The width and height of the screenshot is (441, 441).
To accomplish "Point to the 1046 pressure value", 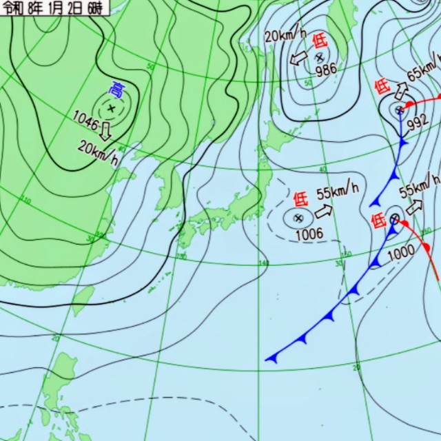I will [x=85, y=118].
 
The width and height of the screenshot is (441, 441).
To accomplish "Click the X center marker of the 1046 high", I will [x=111, y=108].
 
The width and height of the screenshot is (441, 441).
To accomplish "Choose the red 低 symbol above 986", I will [x=319, y=40].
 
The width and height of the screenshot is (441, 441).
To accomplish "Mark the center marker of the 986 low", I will [x=319, y=57].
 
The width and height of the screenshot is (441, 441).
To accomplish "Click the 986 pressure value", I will [x=326, y=70].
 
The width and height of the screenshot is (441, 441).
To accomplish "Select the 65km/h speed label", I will [x=421, y=72].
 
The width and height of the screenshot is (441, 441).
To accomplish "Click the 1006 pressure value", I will [x=309, y=234].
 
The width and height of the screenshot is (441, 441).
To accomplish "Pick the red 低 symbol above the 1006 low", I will [x=300, y=200].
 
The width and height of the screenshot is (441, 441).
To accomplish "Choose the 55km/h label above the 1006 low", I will [x=338, y=190].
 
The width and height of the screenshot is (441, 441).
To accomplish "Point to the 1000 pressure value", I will [x=400, y=252].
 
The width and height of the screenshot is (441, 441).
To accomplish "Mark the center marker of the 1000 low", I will [x=394, y=218].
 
